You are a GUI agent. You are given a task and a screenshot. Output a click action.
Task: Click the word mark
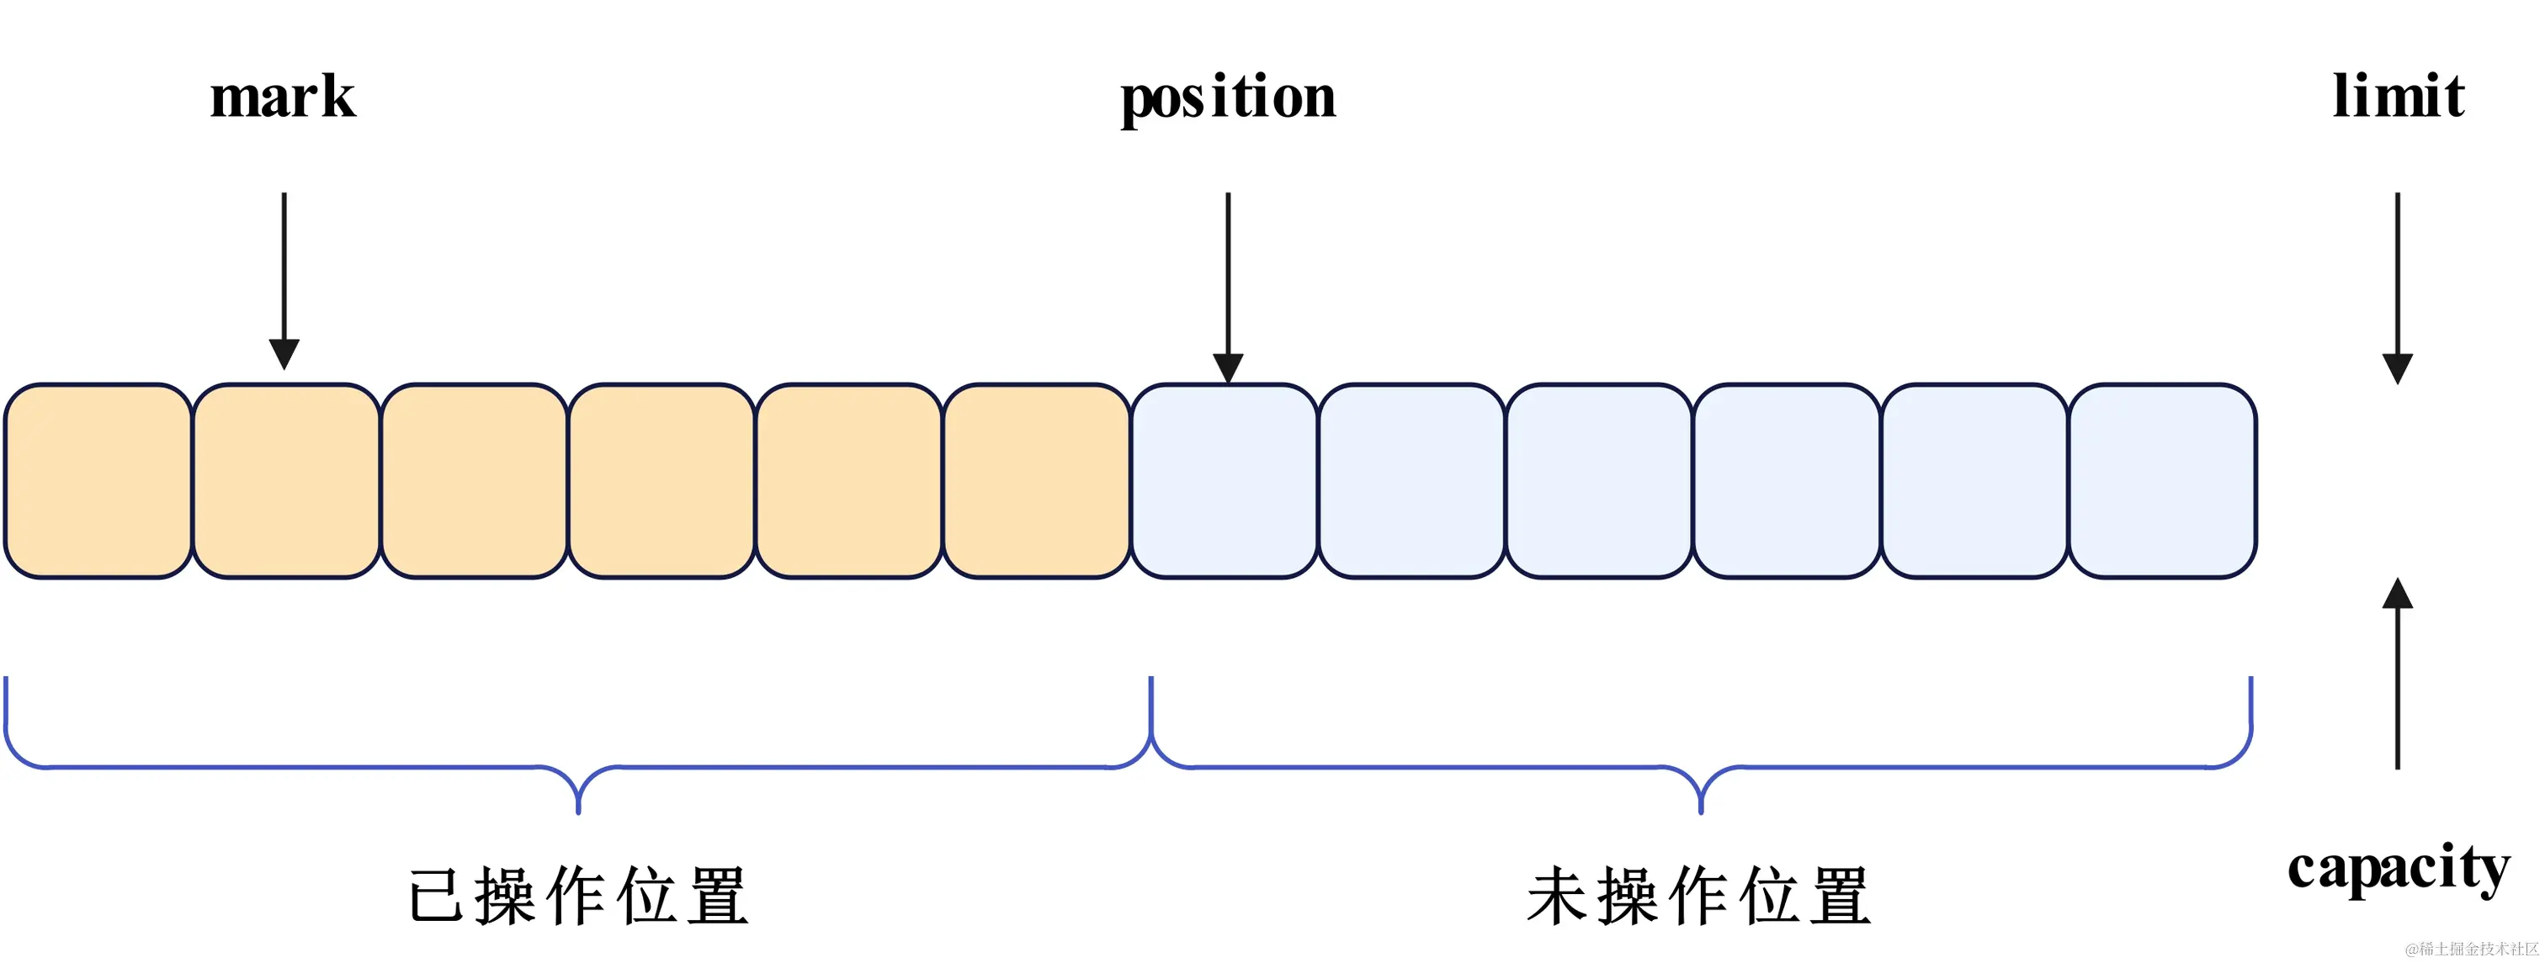tap(283, 97)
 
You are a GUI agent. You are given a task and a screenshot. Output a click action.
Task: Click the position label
tap(1227, 98)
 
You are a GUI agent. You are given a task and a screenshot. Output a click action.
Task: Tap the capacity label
tap(2398, 868)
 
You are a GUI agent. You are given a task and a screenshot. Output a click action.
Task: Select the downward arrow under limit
tap(2398, 287)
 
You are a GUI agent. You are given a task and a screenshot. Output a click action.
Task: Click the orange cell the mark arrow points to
tap(285, 481)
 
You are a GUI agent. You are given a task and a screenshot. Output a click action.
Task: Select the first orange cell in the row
tap(98, 481)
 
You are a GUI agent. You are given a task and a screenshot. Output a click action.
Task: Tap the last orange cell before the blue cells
tap(1036, 481)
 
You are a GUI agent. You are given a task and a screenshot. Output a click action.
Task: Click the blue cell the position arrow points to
tap(1224, 481)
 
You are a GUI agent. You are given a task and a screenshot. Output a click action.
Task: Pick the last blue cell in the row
tap(2163, 481)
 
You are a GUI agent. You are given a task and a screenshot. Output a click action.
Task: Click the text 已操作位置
tap(578, 896)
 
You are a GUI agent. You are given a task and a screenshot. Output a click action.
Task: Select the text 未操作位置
tap(1699, 896)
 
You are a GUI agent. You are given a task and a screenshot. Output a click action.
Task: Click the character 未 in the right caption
tap(1558, 896)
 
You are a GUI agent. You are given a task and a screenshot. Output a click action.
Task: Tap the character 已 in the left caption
tap(436, 896)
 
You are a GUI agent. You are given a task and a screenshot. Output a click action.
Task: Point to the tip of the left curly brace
tap(578, 810)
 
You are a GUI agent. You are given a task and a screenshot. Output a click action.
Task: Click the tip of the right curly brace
tap(1700, 810)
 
